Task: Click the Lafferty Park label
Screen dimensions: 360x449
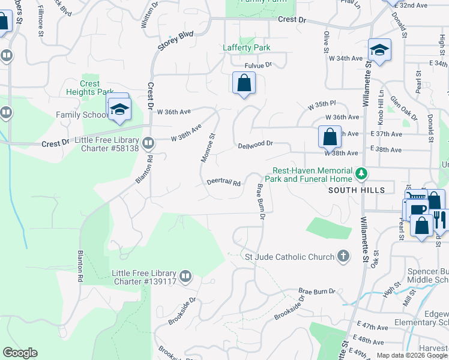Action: click(x=246, y=47)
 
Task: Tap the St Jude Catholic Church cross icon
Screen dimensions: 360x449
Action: click(x=343, y=257)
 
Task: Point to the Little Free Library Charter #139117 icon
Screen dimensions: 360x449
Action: click(x=185, y=277)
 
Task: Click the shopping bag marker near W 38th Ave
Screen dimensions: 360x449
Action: click(x=330, y=136)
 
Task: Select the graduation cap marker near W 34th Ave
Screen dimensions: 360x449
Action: click(x=379, y=50)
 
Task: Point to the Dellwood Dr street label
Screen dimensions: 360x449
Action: click(x=255, y=145)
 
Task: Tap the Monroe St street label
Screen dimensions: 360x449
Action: click(x=208, y=148)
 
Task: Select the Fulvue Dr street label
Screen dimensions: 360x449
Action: click(x=258, y=65)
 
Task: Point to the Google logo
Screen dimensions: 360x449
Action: click(x=20, y=353)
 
